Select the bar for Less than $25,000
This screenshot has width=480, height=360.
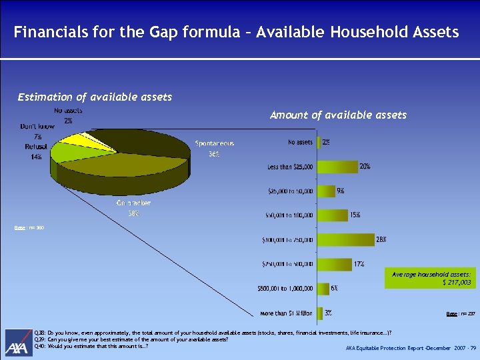[337, 166]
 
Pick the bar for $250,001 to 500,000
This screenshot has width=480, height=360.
[333, 264]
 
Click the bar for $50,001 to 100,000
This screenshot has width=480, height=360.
[332, 215]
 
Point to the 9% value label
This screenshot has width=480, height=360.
[341, 191]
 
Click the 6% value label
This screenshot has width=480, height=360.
[333, 288]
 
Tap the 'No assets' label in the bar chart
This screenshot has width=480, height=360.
[300, 142]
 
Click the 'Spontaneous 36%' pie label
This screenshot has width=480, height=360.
[214, 148]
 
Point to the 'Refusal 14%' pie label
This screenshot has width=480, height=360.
[35, 151]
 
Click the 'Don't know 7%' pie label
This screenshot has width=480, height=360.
[37, 131]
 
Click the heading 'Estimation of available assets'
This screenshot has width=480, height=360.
[95, 97]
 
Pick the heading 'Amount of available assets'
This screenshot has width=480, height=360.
[338, 115]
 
